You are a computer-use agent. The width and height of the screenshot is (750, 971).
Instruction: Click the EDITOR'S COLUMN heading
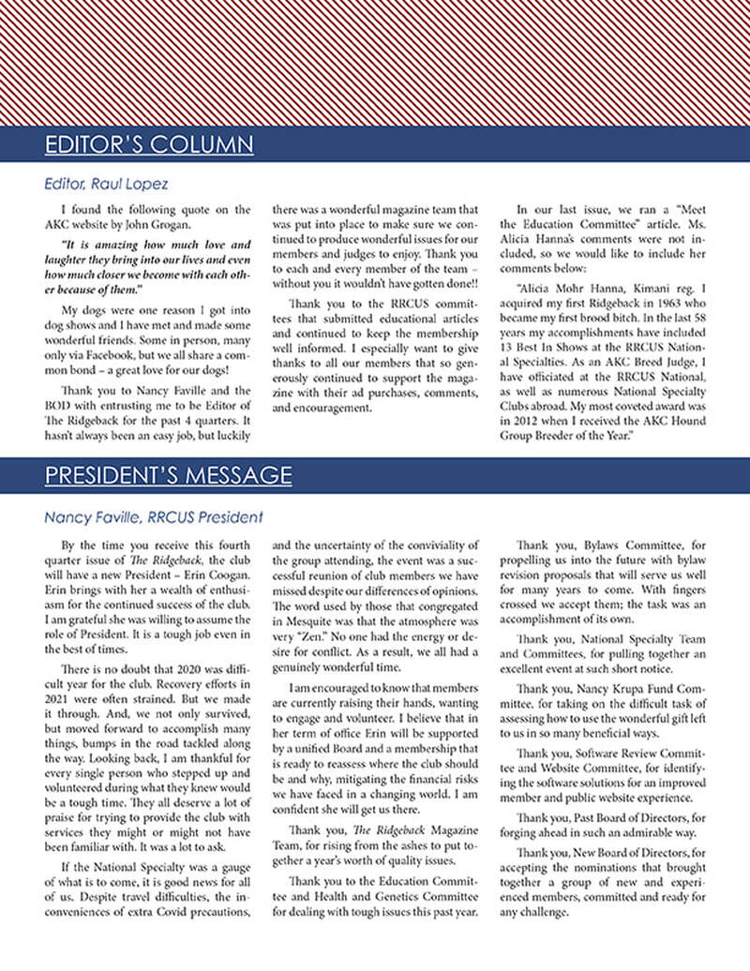point(149,143)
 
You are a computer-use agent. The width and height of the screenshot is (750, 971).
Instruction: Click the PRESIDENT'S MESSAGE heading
point(168,475)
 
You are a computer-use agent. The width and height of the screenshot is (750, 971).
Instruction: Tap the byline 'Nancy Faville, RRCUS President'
point(153,516)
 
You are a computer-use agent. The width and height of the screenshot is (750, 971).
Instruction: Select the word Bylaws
point(611,545)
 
